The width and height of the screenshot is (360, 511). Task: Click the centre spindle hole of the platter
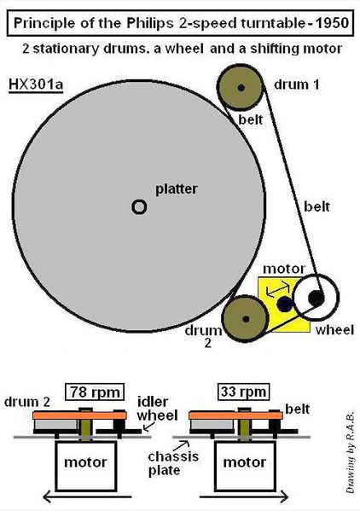[x=139, y=206]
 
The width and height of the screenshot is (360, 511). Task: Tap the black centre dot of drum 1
[x=241, y=87]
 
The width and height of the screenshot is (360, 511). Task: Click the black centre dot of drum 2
[x=246, y=319]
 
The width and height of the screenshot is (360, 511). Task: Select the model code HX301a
[x=36, y=84]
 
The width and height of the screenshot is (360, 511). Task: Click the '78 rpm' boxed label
[x=95, y=392]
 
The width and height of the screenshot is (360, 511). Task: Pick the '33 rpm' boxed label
[x=243, y=392]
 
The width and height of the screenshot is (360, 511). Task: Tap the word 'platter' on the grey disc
[x=177, y=189]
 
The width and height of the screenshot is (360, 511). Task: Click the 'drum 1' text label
[x=297, y=84]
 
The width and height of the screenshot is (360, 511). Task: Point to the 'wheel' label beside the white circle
[x=334, y=330]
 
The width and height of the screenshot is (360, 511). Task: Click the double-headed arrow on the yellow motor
[x=278, y=288]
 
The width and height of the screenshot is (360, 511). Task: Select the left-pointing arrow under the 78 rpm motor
[x=87, y=497]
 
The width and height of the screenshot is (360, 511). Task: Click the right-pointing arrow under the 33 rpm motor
[x=244, y=497]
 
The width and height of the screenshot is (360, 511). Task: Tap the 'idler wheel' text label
[x=157, y=409]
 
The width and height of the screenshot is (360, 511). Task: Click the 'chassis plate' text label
[x=173, y=463]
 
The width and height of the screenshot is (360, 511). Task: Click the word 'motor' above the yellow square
[x=284, y=270]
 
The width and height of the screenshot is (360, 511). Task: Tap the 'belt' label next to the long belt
[x=316, y=206]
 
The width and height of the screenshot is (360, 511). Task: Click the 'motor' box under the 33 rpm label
[x=245, y=466]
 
